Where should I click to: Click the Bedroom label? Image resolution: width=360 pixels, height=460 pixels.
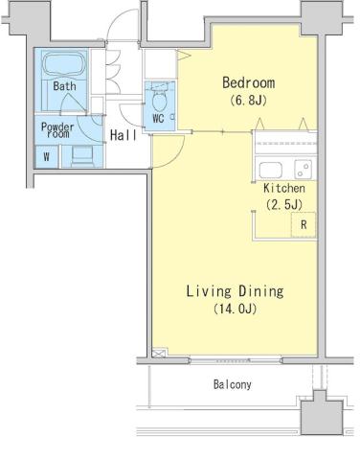click(x=249, y=82)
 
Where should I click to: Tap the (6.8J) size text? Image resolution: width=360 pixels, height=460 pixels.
click(x=248, y=101)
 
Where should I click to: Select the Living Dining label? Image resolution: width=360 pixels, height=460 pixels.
click(x=235, y=291)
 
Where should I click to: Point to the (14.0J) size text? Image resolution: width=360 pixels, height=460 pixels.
click(x=236, y=309)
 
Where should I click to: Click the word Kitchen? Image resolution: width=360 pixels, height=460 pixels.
click(x=284, y=188)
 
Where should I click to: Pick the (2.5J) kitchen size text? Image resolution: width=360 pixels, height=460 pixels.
click(x=284, y=204)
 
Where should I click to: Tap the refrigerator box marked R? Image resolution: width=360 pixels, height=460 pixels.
click(x=304, y=224)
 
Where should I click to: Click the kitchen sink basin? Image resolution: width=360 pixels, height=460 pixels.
click(x=271, y=170)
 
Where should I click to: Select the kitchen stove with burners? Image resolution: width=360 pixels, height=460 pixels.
click(x=304, y=169)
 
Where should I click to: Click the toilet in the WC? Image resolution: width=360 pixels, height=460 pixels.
click(x=160, y=98)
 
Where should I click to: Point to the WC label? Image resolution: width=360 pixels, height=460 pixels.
click(x=158, y=119)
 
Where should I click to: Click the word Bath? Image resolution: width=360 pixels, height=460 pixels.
click(x=64, y=86)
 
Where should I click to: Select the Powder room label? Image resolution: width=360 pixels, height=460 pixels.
click(x=57, y=130)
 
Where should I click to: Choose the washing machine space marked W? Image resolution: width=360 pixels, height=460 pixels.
click(x=47, y=156)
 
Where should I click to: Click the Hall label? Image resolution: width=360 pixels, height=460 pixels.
click(x=124, y=135)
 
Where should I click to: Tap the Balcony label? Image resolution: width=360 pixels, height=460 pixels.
click(x=233, y=384)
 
